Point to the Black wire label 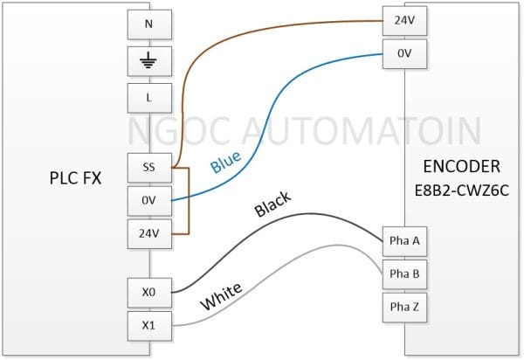[272, 204]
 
